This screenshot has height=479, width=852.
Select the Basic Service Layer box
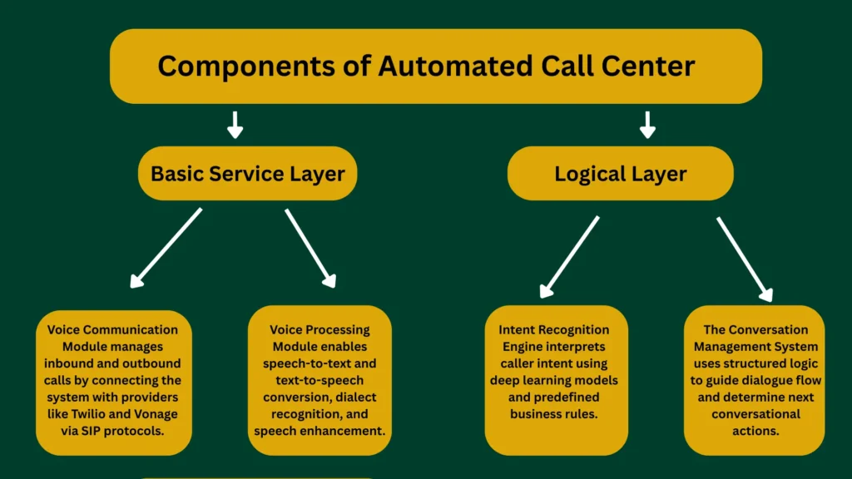point(247,174)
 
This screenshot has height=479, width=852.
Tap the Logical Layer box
point(620,174)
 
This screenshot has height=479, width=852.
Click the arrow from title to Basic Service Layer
point(235,125)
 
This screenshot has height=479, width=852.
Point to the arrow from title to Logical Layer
point(647,125)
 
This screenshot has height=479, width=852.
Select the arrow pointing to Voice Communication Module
point(166,248)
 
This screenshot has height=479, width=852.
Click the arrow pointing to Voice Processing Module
point(310,248)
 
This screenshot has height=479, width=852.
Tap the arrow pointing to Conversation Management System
point(744,259)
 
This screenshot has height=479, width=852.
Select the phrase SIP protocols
point(126,430)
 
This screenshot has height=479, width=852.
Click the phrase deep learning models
point(554,380)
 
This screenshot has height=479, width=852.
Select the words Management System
point(755,347)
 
